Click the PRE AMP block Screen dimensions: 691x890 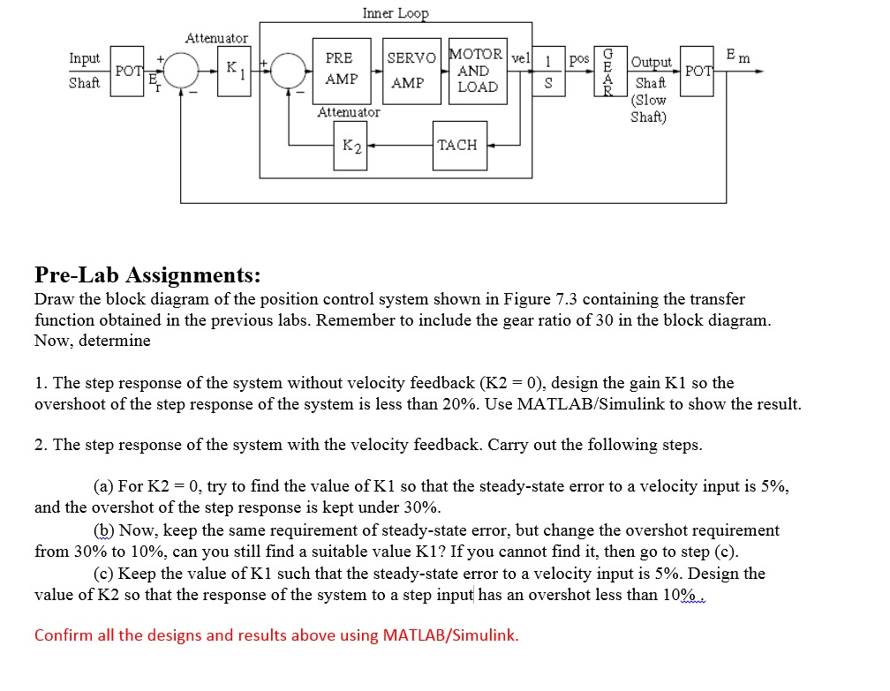coord(341,69)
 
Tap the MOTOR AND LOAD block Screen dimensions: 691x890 coord(478,70)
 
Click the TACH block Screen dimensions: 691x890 coord(456,145)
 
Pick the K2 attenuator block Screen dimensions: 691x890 coord(351,145)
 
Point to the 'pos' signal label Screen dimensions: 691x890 coord(579,58)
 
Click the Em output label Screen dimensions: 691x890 coord(736,56)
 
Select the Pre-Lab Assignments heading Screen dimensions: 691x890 coord(147,275)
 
